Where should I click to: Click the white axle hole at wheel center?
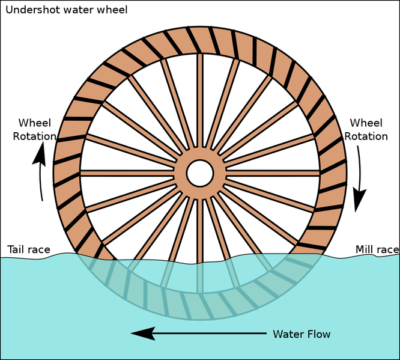tap(200, 173)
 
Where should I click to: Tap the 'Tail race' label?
tap(28, 249)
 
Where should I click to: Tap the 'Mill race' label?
tap(377, 249)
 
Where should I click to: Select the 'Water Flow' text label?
tap(302, 334)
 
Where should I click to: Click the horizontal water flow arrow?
tap(198, 333)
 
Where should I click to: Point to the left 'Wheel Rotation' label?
tap(34, 129)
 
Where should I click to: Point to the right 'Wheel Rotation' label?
tap(366, 130)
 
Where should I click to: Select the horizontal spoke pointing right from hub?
tap(270, 173)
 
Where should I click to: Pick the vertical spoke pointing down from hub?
tap(200, 228)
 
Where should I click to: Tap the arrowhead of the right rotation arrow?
tap(360, 201)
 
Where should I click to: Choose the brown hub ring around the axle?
tap(200, 156)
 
